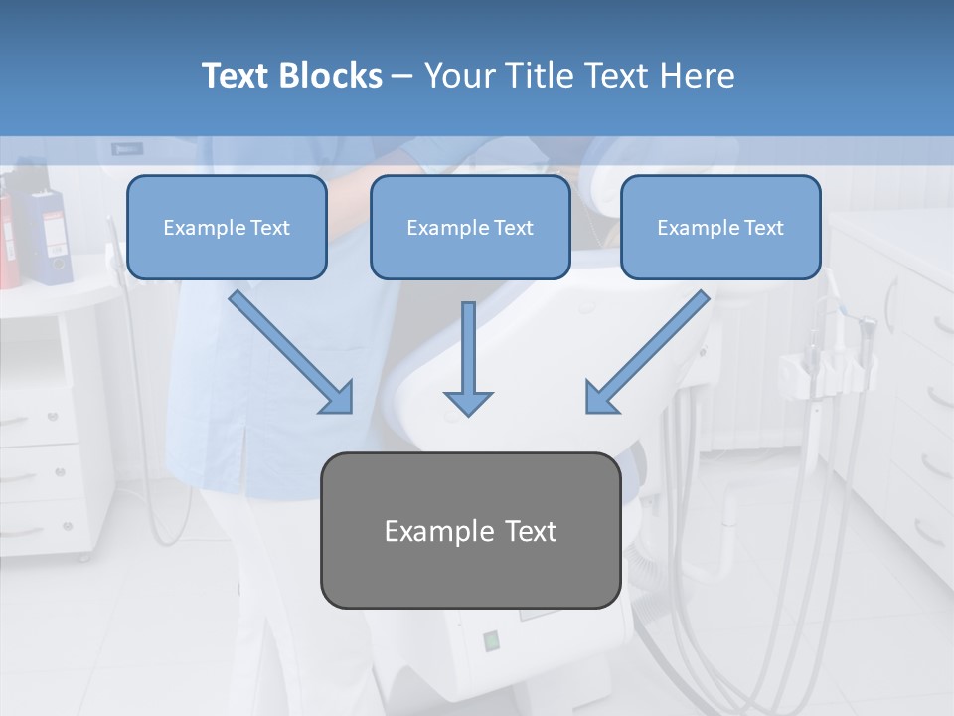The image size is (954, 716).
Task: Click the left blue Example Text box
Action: pos(227,228)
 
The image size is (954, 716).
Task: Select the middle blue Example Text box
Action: pos(470,228)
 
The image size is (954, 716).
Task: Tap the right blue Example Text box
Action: pos(720,228)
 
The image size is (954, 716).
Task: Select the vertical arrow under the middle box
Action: pos(468,358)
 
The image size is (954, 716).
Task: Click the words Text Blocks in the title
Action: pos(291,76)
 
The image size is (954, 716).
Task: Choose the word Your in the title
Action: pos(458,76)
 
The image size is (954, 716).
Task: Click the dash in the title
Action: pos(402,76)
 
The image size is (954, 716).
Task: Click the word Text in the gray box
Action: pos(530,531)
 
